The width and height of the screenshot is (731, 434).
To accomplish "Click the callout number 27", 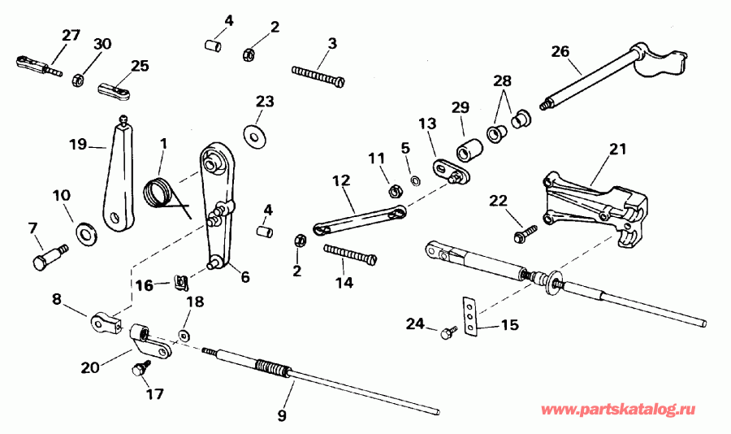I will click(x=71, y=35).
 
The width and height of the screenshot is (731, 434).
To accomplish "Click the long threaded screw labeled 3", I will click(x=318, y=74).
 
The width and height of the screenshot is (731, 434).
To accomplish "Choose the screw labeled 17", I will click(x=138, y=370).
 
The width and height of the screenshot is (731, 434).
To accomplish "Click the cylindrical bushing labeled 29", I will click(x=469, y=151).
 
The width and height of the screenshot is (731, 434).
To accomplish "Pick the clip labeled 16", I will click(x=183, y=283).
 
